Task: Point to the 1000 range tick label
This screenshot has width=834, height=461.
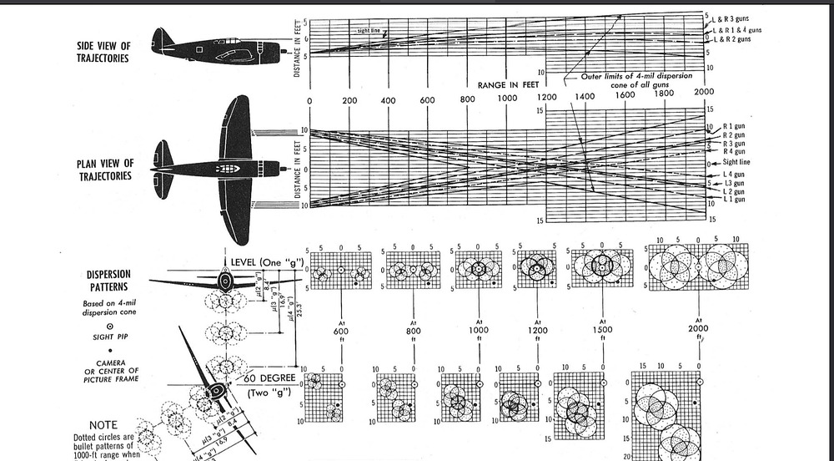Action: [x=506, y=101]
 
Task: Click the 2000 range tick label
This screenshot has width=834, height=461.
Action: [x=703, y=92]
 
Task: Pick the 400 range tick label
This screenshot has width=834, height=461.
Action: [x=388, y=101]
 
